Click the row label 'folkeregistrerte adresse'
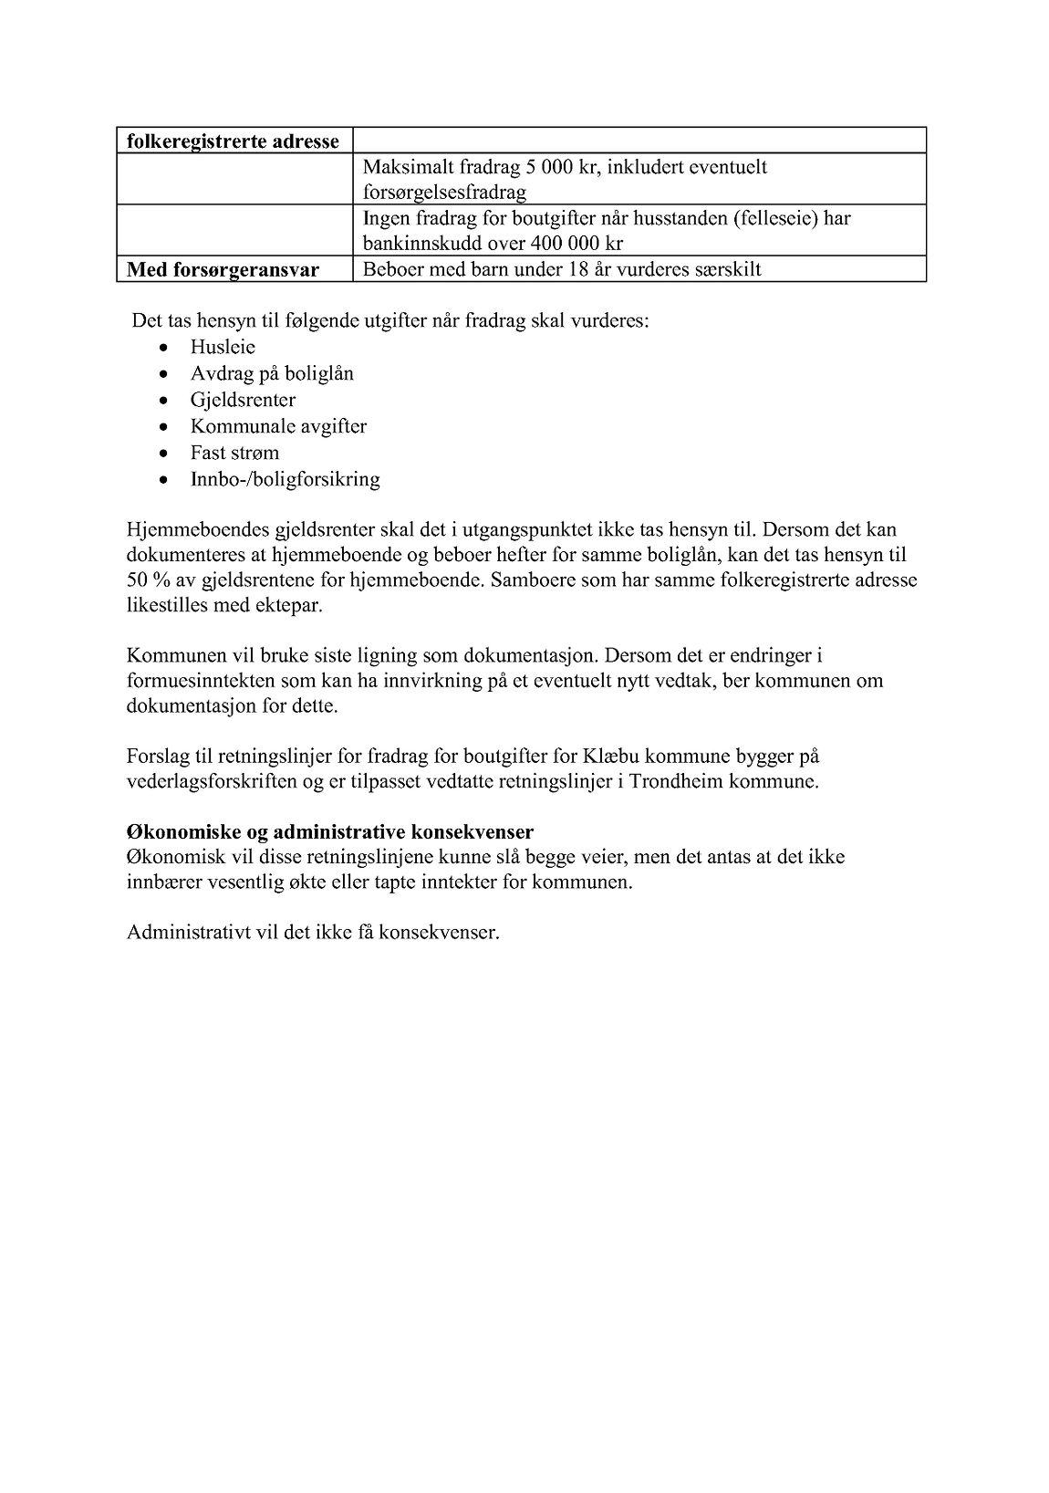[x=233, y=141]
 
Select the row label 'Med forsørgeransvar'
[x=223, y=269]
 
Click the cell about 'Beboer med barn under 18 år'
[x=561, y=269]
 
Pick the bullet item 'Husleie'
[x=223, y=347]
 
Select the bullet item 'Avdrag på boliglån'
[x=272, y=373]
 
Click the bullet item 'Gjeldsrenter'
[x=243, y=400]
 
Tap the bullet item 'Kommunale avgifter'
[x=278, y=426]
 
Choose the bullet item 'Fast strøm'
[x=234, y=453]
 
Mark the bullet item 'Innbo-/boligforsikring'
[x=285, y=479]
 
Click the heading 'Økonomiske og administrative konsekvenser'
[x=330, y=832]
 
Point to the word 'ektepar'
[x=292, y=606]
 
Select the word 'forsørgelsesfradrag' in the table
[x=444, y=193]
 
